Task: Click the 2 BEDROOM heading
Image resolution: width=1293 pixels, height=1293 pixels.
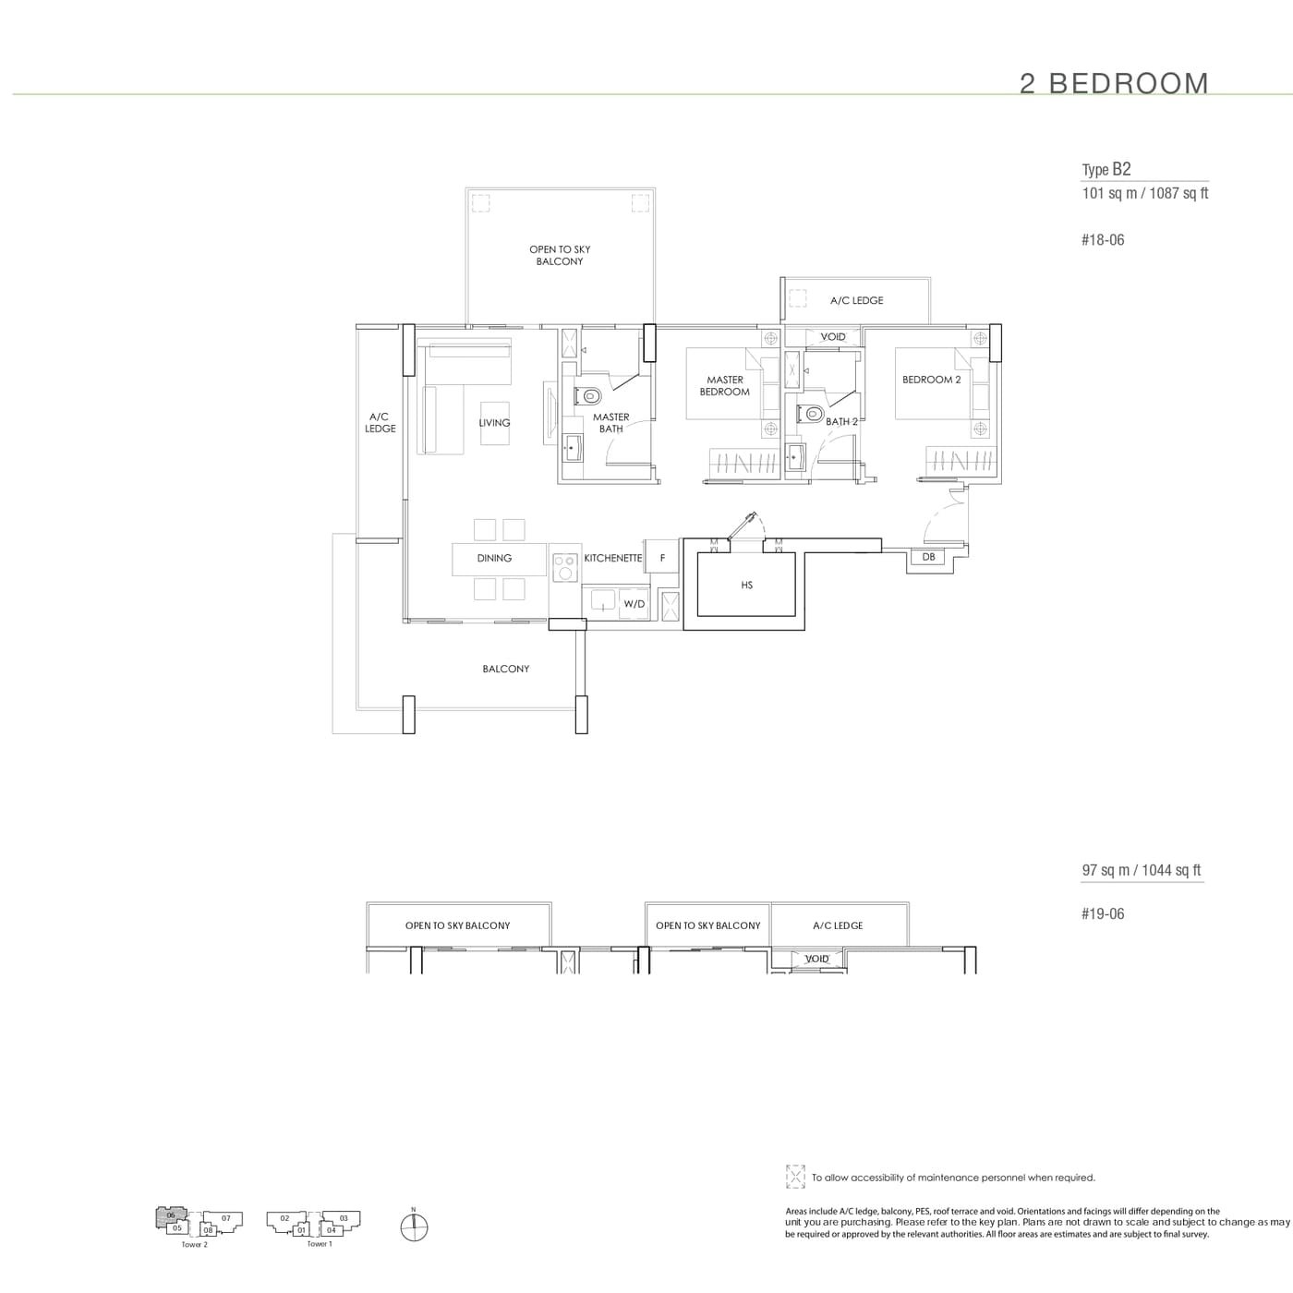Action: click(x=1114, y=83)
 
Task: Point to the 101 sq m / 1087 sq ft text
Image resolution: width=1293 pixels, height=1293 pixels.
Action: click(x=1144, y=193)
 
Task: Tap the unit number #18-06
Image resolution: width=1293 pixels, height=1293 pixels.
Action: click(x=1102, y=240)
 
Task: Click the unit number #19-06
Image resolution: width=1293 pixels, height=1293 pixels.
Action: click(x=1102, y=914)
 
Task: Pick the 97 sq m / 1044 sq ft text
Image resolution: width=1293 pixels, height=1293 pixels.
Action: click(x=1142, y=870)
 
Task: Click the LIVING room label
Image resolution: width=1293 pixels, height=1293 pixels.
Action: click(x=494, y=423)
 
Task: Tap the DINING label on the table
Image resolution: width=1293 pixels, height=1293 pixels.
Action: click(x=494, y=558)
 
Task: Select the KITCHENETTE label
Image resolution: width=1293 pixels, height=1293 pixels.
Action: click(x=612, y=558)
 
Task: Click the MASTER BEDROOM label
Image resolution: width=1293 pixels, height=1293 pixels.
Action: click(x=725, y=386)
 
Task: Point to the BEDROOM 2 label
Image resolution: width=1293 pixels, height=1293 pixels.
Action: click(x=931, y=380)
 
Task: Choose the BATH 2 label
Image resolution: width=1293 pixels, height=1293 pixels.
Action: click(x=841, y=421)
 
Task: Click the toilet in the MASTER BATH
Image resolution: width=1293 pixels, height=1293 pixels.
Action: click(x=587, y=396)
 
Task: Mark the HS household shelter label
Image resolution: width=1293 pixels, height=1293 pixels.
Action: click(x=746, y=585)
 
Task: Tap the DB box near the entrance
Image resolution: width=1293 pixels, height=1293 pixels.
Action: click(x=928, y=557)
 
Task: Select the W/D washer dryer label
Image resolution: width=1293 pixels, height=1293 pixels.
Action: click(x=634, y=604)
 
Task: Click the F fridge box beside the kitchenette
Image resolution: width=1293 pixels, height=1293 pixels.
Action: click(x=662, y=558)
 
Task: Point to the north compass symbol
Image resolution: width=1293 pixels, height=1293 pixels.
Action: click(x=415, y=1226)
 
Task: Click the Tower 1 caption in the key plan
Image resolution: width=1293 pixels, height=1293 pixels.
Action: click(x=319, y=1244)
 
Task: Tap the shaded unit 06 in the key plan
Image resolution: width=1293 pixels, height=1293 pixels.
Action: click(x=171, y=1215)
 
